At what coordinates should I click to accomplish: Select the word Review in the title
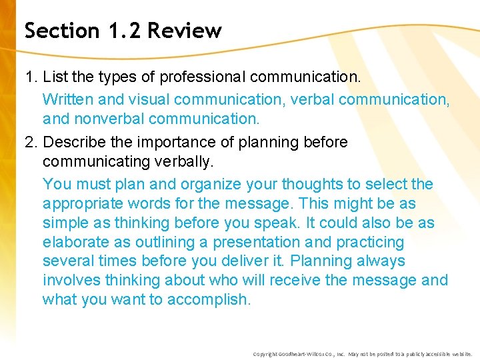coord(185,31)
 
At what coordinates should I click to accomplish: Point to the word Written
coord(68,99)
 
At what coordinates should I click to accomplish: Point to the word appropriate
coord(81,203)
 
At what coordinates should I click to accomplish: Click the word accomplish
coord(209,300)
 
